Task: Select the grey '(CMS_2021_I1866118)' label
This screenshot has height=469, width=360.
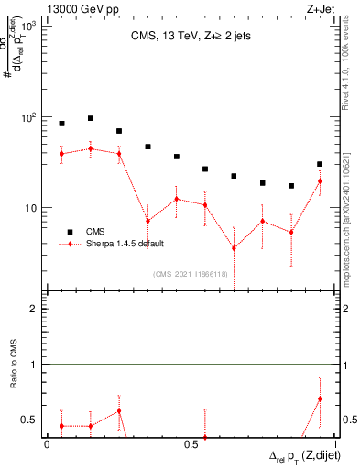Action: [191, 273]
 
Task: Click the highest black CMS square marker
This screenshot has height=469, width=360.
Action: [91, 118]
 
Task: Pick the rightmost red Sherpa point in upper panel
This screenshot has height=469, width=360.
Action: [320, 180]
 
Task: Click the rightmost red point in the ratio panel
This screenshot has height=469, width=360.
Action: [320, 398]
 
